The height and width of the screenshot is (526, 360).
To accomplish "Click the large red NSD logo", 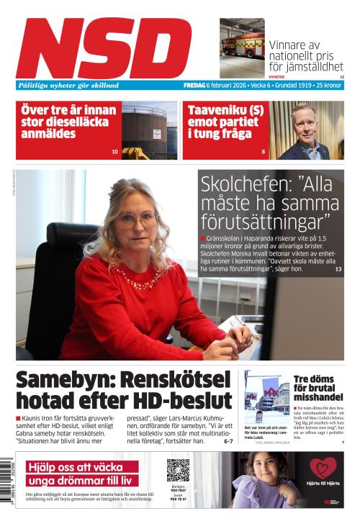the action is tap(104, 47).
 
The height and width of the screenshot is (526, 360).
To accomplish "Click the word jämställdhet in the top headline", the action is tap(312, 67).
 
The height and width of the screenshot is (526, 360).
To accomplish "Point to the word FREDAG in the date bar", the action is tap(194, 85).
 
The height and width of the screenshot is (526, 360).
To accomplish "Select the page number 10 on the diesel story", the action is tap(114, 152).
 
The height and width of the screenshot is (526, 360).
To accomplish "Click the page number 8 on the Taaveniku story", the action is tap(264, 152).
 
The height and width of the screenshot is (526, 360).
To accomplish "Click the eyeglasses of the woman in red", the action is tap(135, 219).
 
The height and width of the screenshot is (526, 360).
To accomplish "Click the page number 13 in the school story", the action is tap(338, 269).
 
